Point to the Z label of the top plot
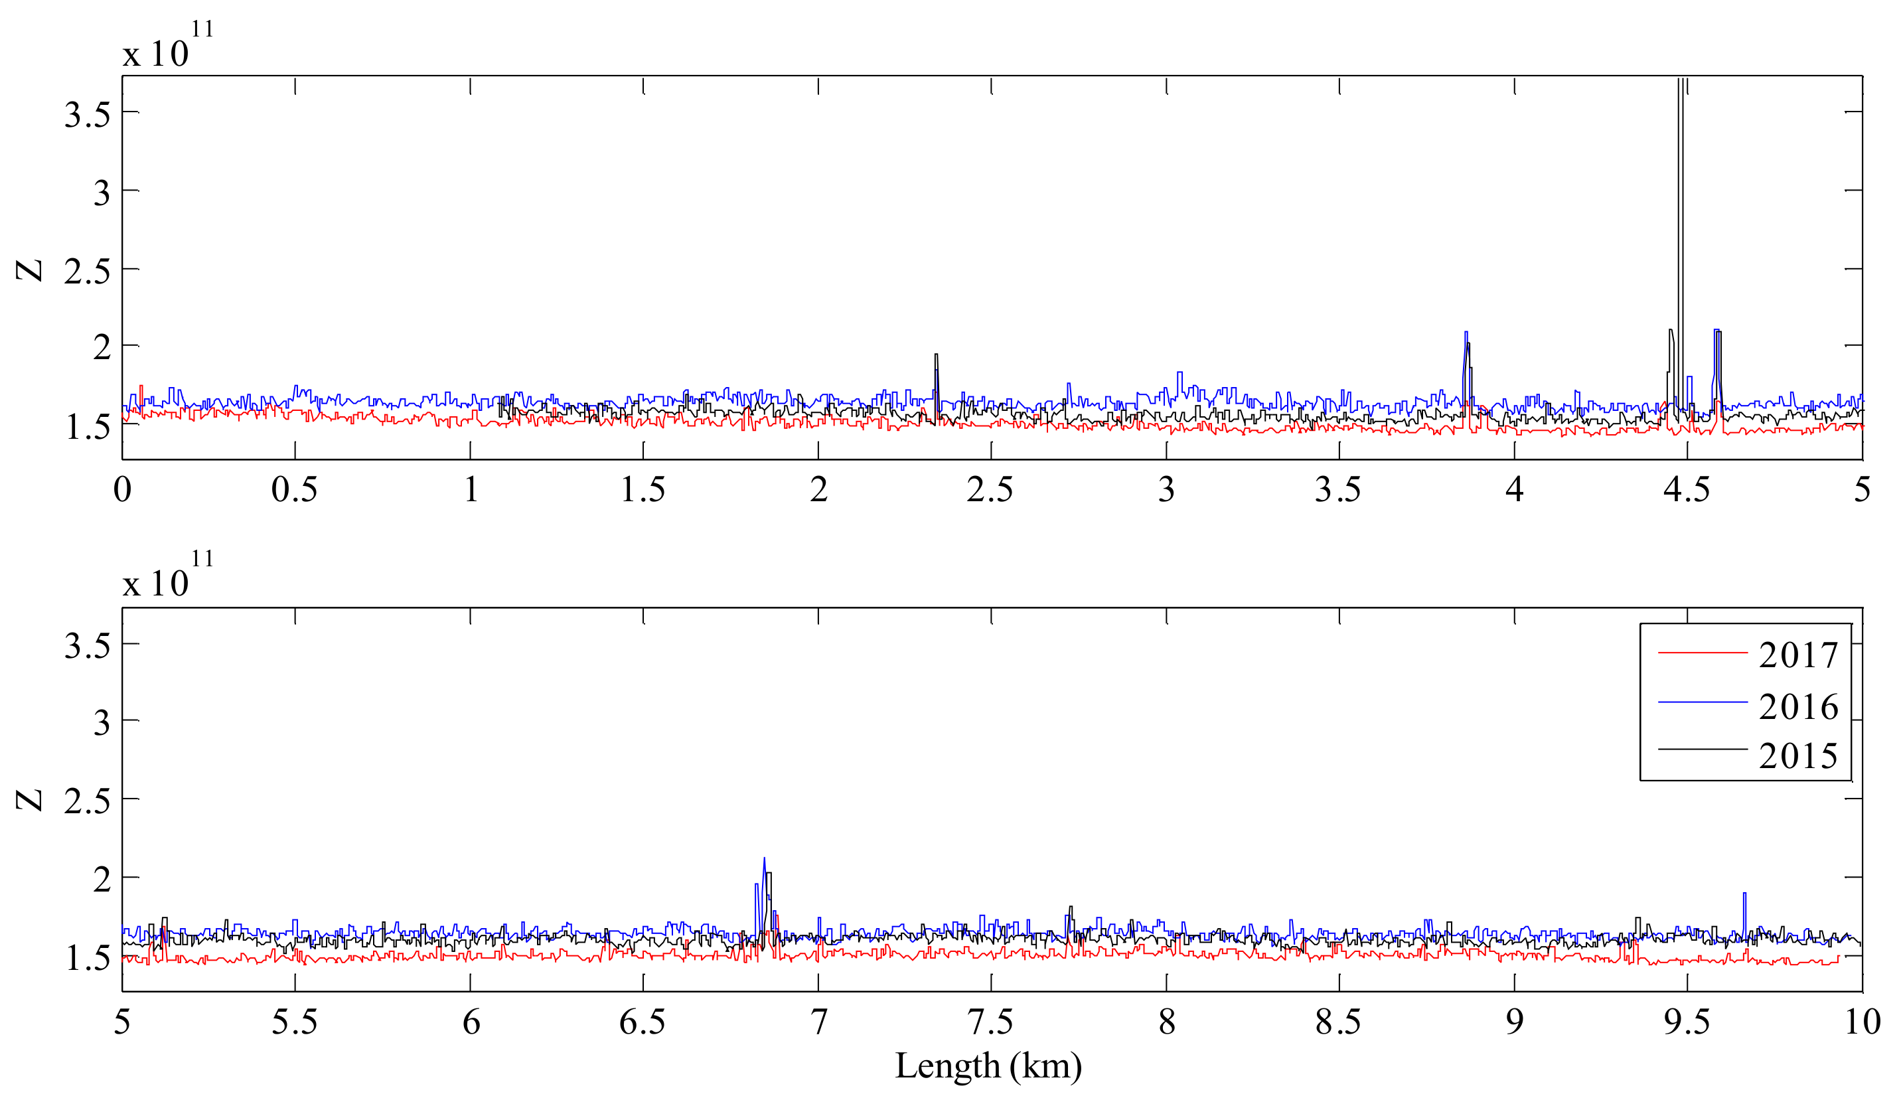click(x=30, y=270)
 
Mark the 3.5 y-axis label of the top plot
click(x=88, y=116)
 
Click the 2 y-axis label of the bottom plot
click(x=102, y=879)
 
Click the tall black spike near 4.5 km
click(x=1680, y=226)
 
